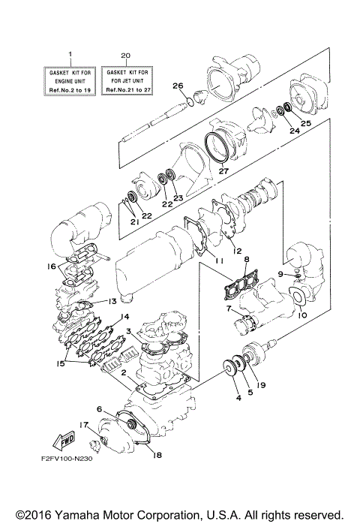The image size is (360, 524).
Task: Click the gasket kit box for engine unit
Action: pyautogui.click(x=70, y=80)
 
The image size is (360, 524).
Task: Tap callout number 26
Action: pyautogui.click(x=177, y=85)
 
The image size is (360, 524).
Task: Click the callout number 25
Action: pyautogui.click(x=305, y=122)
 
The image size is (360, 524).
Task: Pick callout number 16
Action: pyautogui.click(x=51, y=266)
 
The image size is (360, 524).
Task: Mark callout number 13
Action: pyautogui.click(x=112, y=301)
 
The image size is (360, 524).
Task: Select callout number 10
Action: pyautogui.click(x=304, y=316)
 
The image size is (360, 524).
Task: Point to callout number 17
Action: pyautogui.click(x=85, y=425)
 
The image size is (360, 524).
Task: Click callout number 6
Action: pyautogui.click(x=98, y=409)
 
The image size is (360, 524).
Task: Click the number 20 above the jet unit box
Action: pyautogui.click(x=125, y=56)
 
